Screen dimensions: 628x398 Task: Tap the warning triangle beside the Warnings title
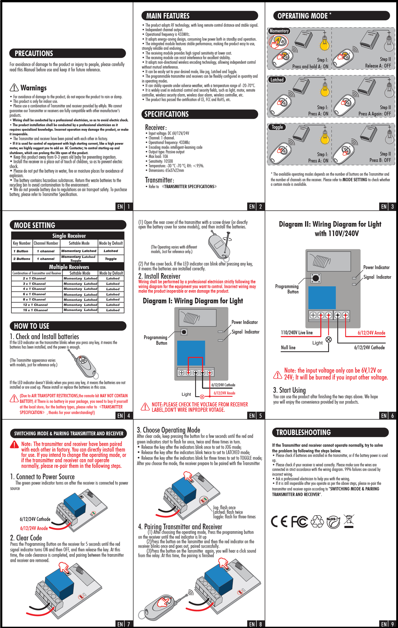coord(14,88)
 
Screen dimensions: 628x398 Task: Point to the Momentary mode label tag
coord(279,31)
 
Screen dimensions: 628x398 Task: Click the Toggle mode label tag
coord(277,127)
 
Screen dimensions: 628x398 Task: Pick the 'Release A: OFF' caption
coord(378,66)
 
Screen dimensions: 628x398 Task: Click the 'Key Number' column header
coord(22,243)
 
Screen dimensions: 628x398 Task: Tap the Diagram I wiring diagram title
coord(193,301)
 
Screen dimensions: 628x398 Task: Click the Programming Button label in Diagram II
coord(287,289)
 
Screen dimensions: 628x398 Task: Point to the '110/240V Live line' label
coord(297,332)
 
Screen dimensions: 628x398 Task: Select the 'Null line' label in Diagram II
coord(288,347)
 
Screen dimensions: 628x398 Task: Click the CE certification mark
coord(279,522)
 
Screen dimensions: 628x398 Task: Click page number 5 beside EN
coord(260,416)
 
